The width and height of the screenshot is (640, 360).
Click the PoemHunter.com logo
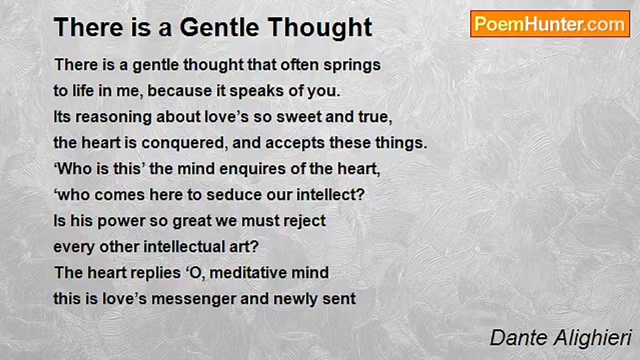550,24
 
